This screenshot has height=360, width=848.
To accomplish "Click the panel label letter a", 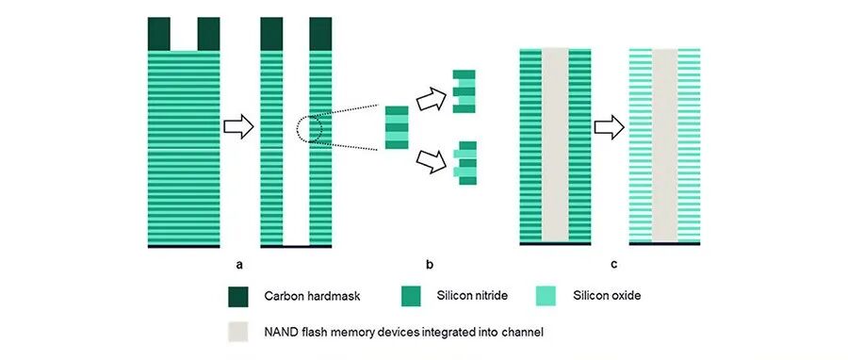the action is (x=239, y=265).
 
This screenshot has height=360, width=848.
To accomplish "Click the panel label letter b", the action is (x=430, y=264).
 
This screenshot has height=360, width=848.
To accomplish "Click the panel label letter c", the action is (x=614, y=265).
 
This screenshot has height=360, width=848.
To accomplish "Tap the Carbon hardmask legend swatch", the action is (x=238, y=297).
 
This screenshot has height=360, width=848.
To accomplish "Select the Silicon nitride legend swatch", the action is (x=411, y=297).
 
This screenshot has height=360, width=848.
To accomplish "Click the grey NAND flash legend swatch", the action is (x=238, y=332).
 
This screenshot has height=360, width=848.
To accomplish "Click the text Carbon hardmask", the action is (x=312, y=296).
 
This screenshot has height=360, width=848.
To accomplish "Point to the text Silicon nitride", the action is (x=472, y=296).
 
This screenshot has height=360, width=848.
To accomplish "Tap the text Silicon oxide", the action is (x=607, y=296).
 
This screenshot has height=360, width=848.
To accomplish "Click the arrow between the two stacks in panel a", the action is (x=238, y=127).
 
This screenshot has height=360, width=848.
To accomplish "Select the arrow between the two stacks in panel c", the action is (x=610, y=127).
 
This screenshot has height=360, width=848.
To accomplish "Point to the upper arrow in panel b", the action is (x=432, y=99).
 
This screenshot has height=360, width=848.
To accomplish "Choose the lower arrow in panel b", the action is (x=432, y=161).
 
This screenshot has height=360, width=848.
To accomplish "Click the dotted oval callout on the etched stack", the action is (x=309, y=129).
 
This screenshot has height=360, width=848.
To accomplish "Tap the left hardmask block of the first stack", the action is (x=159, y=34).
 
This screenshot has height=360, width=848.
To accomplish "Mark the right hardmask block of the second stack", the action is (x=320, y=34).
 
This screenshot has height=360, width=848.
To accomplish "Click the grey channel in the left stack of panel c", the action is (x=555, y=145).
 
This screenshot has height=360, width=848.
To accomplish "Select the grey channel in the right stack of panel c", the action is (x=664, y=145).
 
